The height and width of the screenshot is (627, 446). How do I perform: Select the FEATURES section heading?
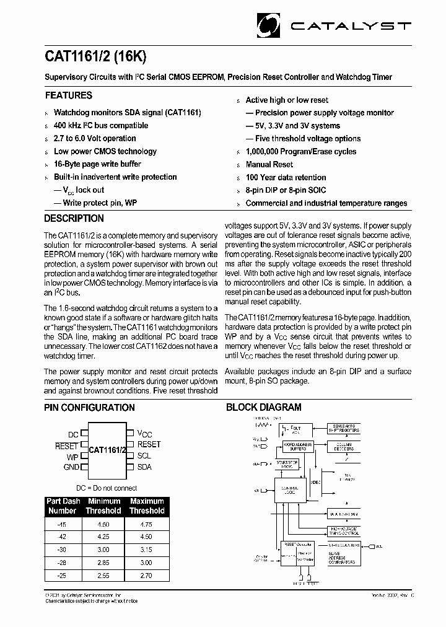[69, 95]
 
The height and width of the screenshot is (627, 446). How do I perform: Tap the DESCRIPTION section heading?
[74, 219]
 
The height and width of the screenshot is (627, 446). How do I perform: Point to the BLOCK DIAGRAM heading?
[263, 407]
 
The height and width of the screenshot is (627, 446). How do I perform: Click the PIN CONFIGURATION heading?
[89, 408]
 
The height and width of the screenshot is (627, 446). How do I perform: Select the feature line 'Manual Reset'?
[269, 164]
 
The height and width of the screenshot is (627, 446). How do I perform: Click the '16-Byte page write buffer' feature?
[97, 164]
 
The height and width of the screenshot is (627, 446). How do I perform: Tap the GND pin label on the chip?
[71, 467]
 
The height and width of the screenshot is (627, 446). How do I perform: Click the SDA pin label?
[144, 467]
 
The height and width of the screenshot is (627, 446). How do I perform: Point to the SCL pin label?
[144, 455]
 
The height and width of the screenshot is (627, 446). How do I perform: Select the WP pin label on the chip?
[72, 457]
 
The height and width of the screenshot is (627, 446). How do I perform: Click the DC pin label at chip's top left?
[73, 435]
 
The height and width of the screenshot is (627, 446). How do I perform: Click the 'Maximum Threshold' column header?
[147, 506]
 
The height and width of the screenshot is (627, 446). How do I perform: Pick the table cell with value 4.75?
[146, 524]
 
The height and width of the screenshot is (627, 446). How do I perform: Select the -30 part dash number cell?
[62, 550]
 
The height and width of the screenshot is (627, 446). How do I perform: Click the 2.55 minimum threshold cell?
[103, 576]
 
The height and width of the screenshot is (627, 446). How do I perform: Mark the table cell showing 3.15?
[146, 550]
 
